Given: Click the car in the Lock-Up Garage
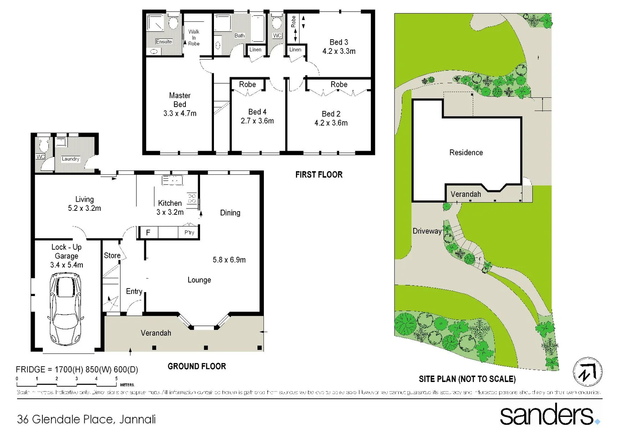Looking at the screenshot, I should pos(66,309).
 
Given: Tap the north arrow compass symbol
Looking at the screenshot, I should pos(588,372).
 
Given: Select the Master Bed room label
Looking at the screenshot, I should pos(180,100).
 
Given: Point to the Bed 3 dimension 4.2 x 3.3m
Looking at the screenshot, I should pos(339,51).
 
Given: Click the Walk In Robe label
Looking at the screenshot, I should pos(194,38).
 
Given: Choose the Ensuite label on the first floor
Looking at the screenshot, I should pos(164,42).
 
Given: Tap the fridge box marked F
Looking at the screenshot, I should pos(148,233).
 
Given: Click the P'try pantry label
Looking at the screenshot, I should pos(189,233).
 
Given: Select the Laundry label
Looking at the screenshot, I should pos(71,159).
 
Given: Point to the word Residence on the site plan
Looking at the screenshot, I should pos(466,153).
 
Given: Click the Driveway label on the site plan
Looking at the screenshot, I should pos(427,231).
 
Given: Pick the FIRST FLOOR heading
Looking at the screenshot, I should pos(319,175).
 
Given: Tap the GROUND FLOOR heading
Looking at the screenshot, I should pos(197,367).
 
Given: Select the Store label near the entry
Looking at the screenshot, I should pos(112,256).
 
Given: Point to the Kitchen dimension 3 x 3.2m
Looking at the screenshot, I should pos(170,212).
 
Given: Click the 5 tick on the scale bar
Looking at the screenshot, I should pos(116,379).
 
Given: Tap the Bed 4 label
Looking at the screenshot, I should pos(257,112).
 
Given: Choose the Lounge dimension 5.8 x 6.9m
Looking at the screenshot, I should pos(229,260).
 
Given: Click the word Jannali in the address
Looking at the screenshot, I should pos(137,419).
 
